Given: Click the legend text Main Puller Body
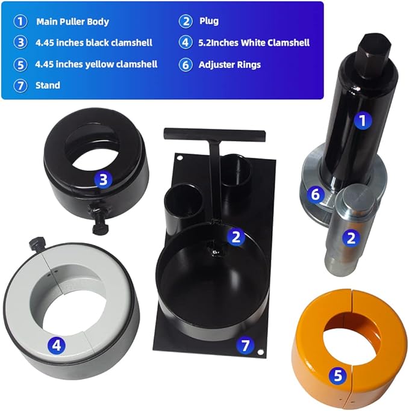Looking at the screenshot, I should coord(72,21).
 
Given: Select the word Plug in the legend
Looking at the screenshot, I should coord(208,21).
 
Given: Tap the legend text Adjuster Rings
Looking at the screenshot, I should coord(229,64).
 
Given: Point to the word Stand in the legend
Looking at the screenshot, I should coord(48,85).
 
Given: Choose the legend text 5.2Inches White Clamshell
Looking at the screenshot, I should coord(254,43).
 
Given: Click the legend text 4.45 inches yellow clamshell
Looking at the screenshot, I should coord(96,64).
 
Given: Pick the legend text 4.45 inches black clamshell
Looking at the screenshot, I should coord(94,43).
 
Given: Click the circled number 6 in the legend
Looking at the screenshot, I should coord(186,65).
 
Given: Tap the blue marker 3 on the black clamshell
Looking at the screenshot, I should coord(103,179).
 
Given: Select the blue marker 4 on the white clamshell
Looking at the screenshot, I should coord(56,345).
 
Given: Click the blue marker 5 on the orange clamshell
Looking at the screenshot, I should coord(338,376).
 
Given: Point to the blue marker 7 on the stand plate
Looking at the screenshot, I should coord(244,345).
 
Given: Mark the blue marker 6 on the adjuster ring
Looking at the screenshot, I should coord(313,194).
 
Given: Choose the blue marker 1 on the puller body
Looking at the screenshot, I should coord(361,121).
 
